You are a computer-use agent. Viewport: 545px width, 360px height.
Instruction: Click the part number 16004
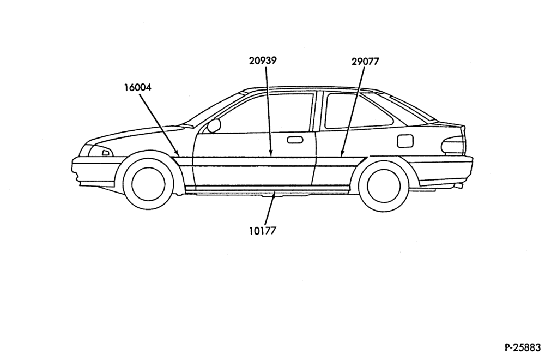(138, 87)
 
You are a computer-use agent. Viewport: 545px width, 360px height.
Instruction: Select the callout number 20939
(263, 61)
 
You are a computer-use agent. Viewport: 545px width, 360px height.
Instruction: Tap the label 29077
(365, 62)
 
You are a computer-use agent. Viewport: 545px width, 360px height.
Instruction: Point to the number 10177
(263, 231)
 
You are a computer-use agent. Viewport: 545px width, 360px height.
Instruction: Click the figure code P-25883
(523, 347)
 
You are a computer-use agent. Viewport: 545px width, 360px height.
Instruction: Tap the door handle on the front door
(295, 140)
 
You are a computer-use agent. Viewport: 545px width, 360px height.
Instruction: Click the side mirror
(214, 126)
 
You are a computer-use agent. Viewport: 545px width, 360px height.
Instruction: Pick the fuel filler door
(405, 140)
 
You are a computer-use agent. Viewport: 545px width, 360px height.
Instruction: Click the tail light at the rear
(454, 145)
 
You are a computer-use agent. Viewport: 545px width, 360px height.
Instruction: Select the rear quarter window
(358, 111)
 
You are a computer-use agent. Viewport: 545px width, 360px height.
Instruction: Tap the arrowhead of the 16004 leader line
(177, 153)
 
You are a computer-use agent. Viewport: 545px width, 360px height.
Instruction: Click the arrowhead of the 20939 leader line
(271, 152)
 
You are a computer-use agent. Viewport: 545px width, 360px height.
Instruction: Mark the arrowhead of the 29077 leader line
(342, 152)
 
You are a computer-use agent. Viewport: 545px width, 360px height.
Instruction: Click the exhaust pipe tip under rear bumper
(459, 187)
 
